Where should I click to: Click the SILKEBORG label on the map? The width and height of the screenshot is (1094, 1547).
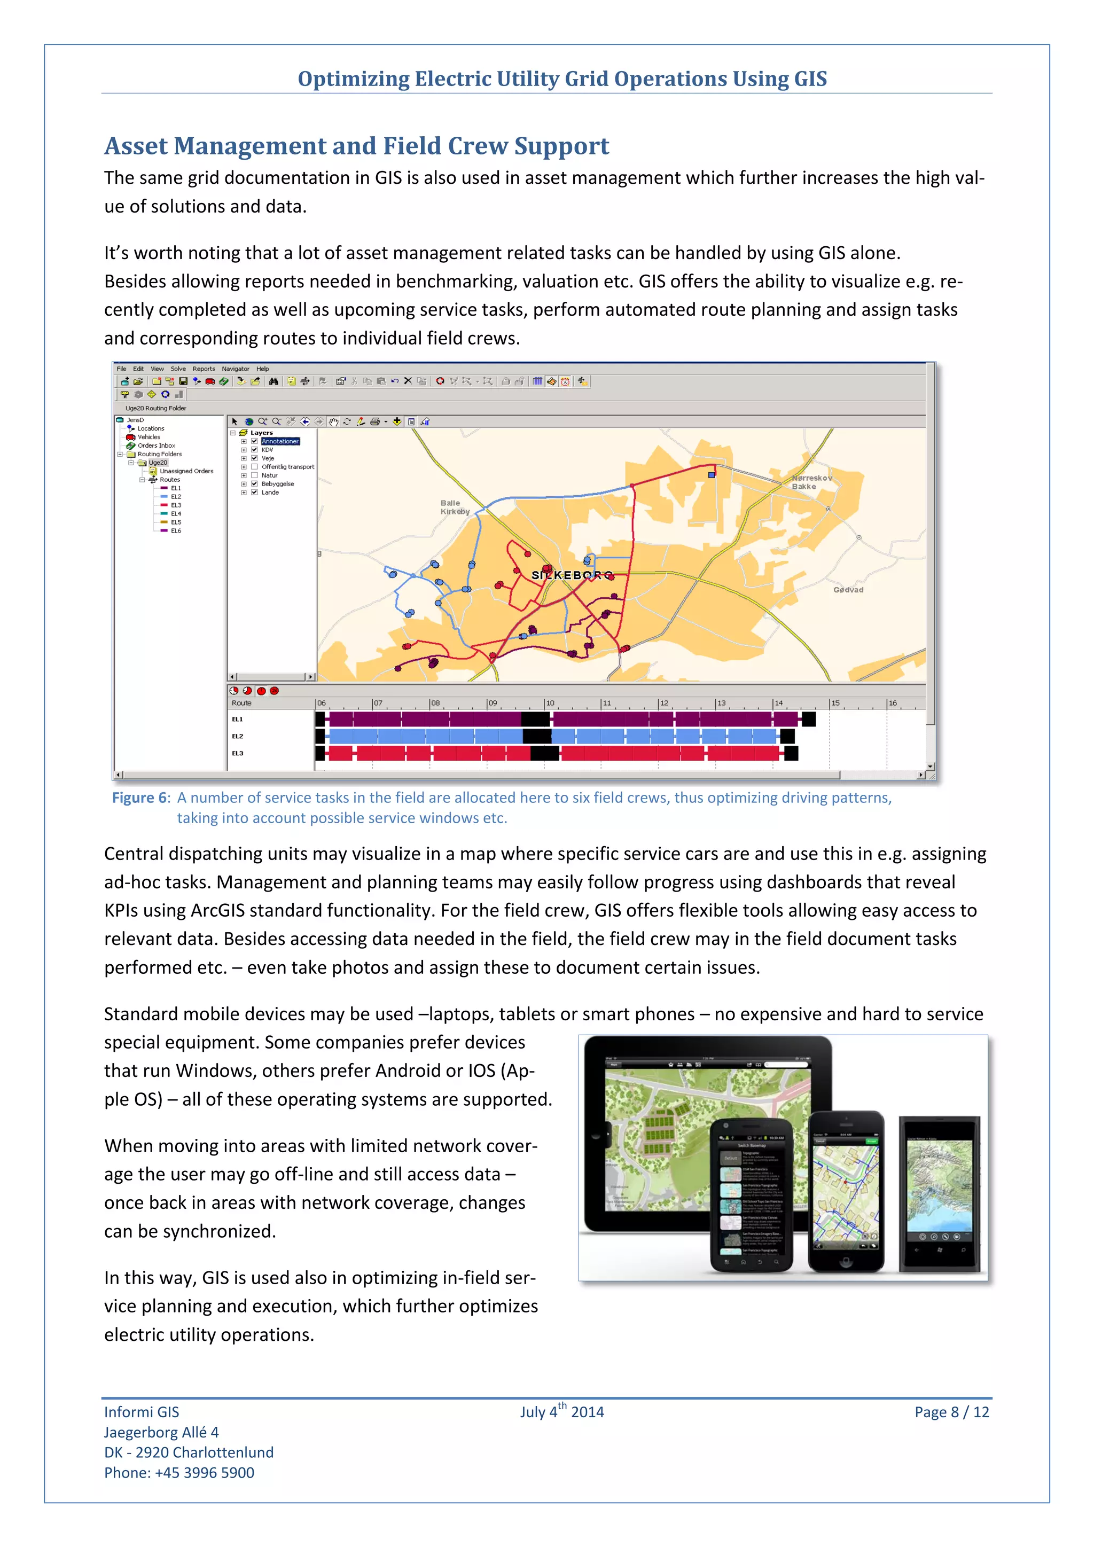pyautogui.click(x=572, y=575)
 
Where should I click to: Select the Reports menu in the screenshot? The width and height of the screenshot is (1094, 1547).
pyautogui.click(x=204, y=369)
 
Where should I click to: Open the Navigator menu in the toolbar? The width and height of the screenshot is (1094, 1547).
pyautogui.click(x=235, y=369)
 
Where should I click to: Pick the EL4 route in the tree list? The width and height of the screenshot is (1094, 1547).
pyautogui.click(x=175, y=513)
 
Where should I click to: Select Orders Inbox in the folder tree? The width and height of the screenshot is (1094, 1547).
pyautogui.click(x=157, y=446)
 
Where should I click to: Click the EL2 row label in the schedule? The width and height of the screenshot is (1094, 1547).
pyautogui.click(x=237, y=737)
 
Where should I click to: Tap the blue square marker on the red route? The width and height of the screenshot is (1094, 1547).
pyautogui.click(x=712, y=474)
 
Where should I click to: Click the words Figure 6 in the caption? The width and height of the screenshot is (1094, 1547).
pyautogui.click(x=140, y=798)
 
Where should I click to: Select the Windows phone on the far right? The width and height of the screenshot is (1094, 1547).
pyautogui.click(x=940, y=1194)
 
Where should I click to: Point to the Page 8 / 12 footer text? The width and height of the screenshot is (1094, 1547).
pyautogui.click(x=951, y=1412)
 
